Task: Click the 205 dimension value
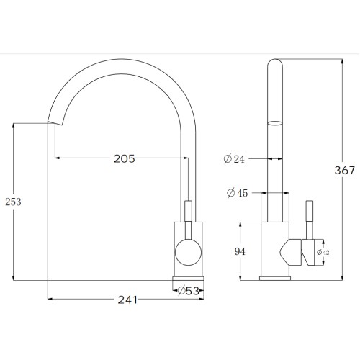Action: coord(124,158)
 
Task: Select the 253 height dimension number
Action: coord(13,202)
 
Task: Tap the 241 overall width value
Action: coord(127,300)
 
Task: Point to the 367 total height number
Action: coord(345,170)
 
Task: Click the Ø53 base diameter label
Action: coord(189,291)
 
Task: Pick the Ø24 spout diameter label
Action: coord(234,159)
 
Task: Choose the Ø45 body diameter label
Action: coord(237,193)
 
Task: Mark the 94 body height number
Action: coord(240,251)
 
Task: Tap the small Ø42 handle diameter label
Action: coord(323,252)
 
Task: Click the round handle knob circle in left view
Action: coord(188,252)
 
